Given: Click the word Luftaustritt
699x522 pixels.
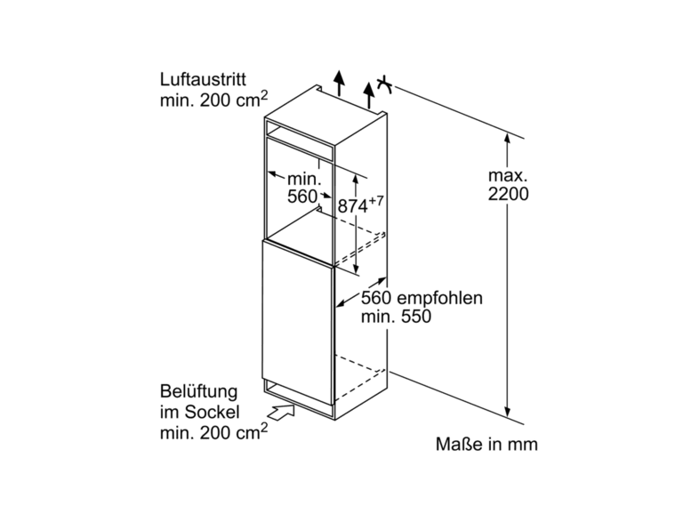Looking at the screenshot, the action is click(203, 80).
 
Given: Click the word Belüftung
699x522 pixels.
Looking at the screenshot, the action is click(199, 392).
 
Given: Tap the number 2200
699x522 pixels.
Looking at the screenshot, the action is click(508, 194).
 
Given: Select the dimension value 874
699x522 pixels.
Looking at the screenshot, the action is click(353, 206).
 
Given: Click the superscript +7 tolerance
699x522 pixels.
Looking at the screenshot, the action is click(376, 201).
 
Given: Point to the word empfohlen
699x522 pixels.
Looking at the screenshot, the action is click(439, 298).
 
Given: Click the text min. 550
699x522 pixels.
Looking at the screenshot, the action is click(396, 317).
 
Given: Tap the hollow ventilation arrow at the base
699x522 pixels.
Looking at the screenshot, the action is click(281, 411).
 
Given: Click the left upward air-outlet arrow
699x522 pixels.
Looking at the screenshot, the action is click(339, 84).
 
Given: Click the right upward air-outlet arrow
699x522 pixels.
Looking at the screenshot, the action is click(368, 95).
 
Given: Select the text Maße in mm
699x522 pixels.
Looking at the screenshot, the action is click(486, 444).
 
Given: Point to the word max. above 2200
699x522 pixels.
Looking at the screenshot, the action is click(508, 176).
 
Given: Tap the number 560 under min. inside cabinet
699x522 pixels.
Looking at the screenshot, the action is click(301, 197).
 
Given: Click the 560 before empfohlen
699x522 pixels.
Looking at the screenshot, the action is click(376, 298).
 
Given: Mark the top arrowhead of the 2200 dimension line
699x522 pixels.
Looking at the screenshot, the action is click(507, 137).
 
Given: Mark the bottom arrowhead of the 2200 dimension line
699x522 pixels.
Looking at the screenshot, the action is click(507, 412).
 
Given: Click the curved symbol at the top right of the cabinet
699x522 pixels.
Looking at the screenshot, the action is click(384, 84).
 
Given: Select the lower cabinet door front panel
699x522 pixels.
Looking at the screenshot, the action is click(298, 322).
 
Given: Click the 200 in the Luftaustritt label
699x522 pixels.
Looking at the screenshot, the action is click(215, 100).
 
